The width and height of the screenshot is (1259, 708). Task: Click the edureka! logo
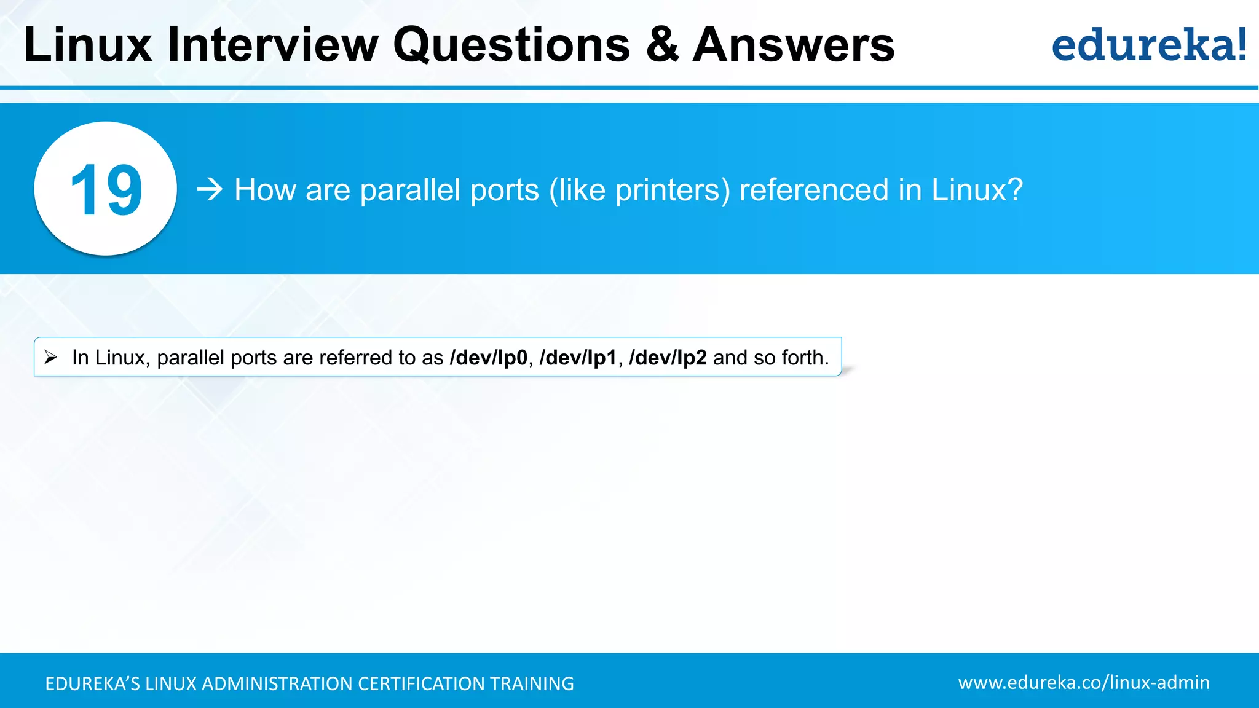coord(1149,45)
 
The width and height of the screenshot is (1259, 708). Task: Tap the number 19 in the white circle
coord(106,190)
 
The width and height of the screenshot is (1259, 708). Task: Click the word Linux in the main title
coord(88,45)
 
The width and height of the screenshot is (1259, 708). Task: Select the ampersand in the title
coord(662,45)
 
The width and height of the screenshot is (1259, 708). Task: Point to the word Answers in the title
coord(793,45)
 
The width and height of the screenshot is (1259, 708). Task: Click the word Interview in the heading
coord(273,45)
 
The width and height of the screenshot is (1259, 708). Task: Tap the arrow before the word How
coord(210,189)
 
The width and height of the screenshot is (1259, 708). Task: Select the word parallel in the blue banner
coord(410,190)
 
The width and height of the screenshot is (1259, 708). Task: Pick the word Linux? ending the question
coord(977,190)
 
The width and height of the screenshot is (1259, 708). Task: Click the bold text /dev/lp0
coord(489,358)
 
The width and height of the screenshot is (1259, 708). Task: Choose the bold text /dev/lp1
coord(578,358)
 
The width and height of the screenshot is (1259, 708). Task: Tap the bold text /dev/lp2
coord(668,358)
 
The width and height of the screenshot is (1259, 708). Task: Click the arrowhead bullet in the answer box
coord(51,356)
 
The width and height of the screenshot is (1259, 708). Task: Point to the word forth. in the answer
coord(805,358)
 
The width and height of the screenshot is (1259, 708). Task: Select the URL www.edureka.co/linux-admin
coord(1083,683)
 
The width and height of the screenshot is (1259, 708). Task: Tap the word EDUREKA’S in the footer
coord(93,683)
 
